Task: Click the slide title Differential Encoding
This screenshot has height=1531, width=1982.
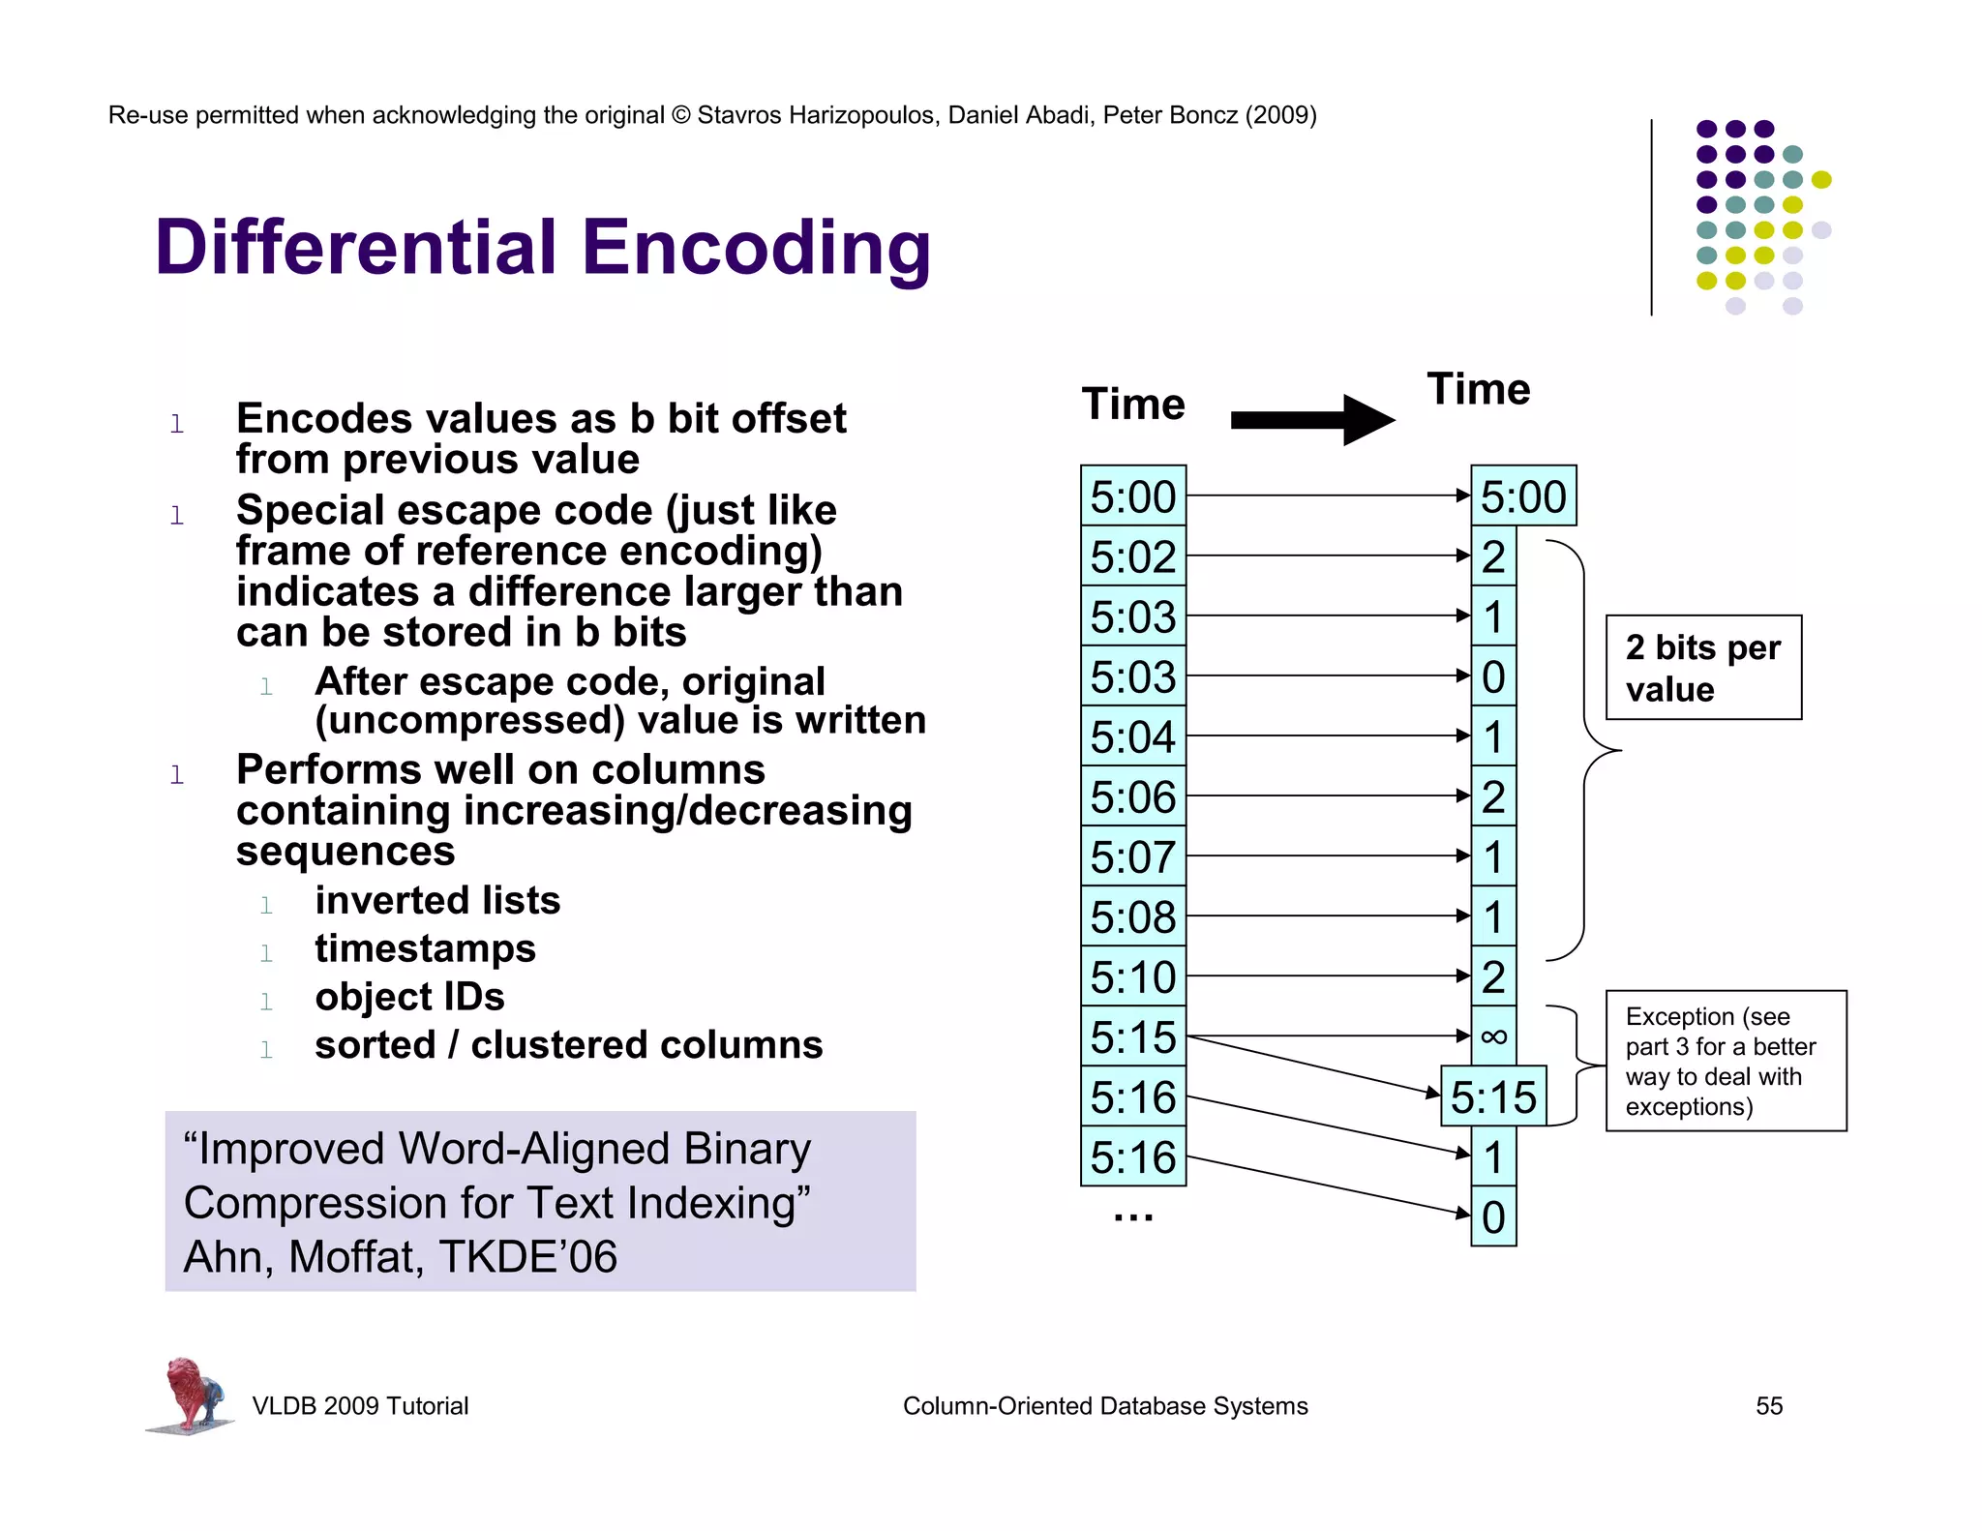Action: point(542,248)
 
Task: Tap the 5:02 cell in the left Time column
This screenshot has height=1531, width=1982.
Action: point(1133,556)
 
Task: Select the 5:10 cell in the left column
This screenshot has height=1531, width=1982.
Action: point(1133,976)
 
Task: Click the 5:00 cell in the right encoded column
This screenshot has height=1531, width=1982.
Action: point(1523,496)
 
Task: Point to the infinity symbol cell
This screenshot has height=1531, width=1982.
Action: point(1493,1036)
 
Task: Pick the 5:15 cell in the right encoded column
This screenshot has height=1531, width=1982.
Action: point(1493,1096)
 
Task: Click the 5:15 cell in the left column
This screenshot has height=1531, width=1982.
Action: point(1133,1036)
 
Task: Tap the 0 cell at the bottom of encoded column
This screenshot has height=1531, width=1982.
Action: point(1493,1216)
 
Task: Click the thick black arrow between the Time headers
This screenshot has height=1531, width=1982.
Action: point(1311,420)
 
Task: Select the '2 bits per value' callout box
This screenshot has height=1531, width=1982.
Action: point(1703,668)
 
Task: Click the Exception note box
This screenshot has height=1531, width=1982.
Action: point(1726,1061)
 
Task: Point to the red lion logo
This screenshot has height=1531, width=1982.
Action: point(192,1394)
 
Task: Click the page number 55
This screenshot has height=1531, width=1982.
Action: point(1769,1406)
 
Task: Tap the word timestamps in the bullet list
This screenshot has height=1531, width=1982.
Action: point(425,948)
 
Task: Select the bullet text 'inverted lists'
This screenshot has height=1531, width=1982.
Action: point(437,900)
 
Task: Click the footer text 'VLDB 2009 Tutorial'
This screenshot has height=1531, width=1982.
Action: point(360,1406)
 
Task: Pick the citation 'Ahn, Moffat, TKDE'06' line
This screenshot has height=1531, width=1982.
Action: point(400,1257)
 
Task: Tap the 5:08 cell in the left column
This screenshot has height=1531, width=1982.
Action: point(1133,916)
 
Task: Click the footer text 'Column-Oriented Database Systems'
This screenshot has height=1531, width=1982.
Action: point(1105,1406)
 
